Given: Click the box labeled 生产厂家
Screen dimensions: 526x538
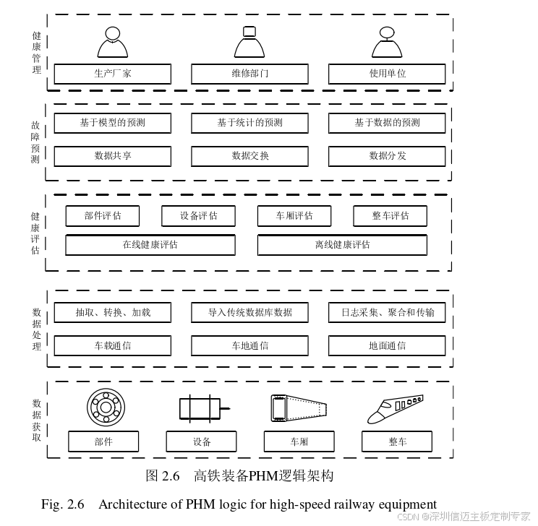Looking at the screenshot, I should coord(113,74).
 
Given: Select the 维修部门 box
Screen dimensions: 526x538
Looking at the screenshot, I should coord(249,74).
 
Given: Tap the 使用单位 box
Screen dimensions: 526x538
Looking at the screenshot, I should coord(387,74).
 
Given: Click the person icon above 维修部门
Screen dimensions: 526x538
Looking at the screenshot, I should coord(249,42).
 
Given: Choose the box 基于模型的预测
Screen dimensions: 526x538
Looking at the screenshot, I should coord(113,123).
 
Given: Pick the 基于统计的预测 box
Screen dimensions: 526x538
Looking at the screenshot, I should coord(249,123).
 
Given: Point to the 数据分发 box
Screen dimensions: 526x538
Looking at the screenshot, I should coord(387,155).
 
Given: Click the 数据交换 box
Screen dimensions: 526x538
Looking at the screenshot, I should coord(249,155).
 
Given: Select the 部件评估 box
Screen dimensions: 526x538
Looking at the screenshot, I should coord(103,215).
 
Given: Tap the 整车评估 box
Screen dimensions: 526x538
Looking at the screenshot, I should coord(390,215).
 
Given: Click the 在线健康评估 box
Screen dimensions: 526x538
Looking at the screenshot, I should coord(150,245).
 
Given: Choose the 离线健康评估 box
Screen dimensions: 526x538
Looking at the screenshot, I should coord(342,245).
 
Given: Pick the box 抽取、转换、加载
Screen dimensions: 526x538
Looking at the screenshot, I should coord(113,313).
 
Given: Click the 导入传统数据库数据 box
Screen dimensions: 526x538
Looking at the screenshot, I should coord(249,313).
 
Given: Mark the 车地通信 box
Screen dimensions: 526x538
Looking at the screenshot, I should coord(249,345).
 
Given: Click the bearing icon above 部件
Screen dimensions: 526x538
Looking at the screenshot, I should coord(106,408).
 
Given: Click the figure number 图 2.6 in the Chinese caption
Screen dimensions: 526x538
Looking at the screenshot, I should coord(162,475).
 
